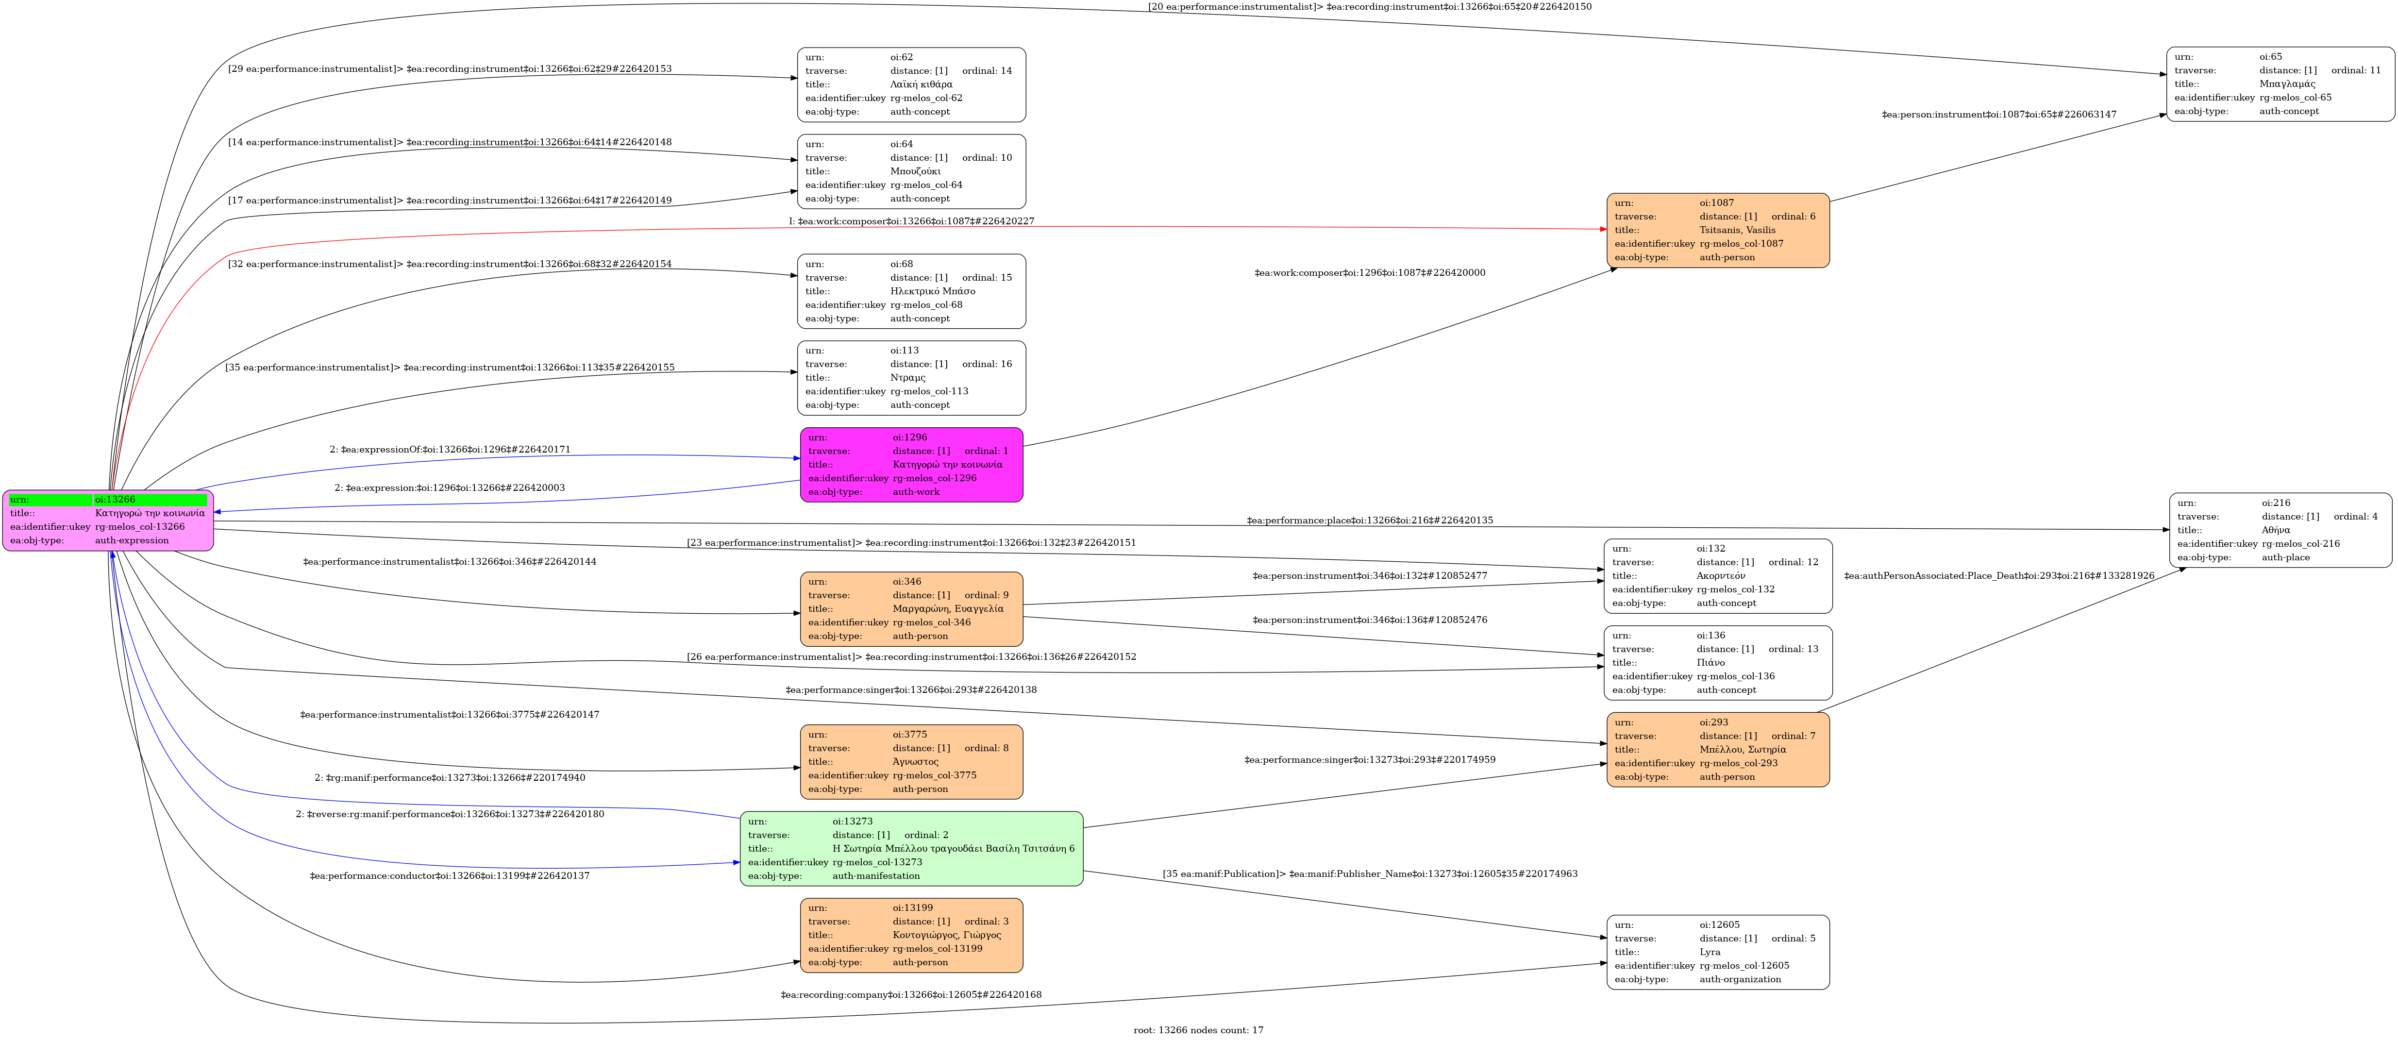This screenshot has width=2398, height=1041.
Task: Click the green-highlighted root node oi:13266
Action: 108,520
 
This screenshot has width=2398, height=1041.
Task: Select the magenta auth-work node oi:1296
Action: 911,465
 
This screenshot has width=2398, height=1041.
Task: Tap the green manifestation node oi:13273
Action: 911,848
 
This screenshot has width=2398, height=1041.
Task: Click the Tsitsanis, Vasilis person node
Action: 1717,230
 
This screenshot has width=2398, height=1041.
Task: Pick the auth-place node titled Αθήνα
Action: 2280,530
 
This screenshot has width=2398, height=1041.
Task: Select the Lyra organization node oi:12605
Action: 1717,952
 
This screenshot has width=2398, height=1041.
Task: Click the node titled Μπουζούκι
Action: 911,171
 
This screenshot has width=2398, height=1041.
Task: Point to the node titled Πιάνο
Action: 1717,663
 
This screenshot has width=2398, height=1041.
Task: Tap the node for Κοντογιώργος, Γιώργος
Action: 911,935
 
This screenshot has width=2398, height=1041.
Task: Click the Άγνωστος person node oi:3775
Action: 911,762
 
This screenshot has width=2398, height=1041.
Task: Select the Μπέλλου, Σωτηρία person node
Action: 1717,750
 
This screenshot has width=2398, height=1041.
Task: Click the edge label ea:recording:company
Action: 910,994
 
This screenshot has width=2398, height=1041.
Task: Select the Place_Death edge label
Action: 1998,575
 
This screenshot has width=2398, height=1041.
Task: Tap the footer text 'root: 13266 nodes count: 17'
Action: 1198,1030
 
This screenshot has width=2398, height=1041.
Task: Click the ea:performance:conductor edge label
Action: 450,875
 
